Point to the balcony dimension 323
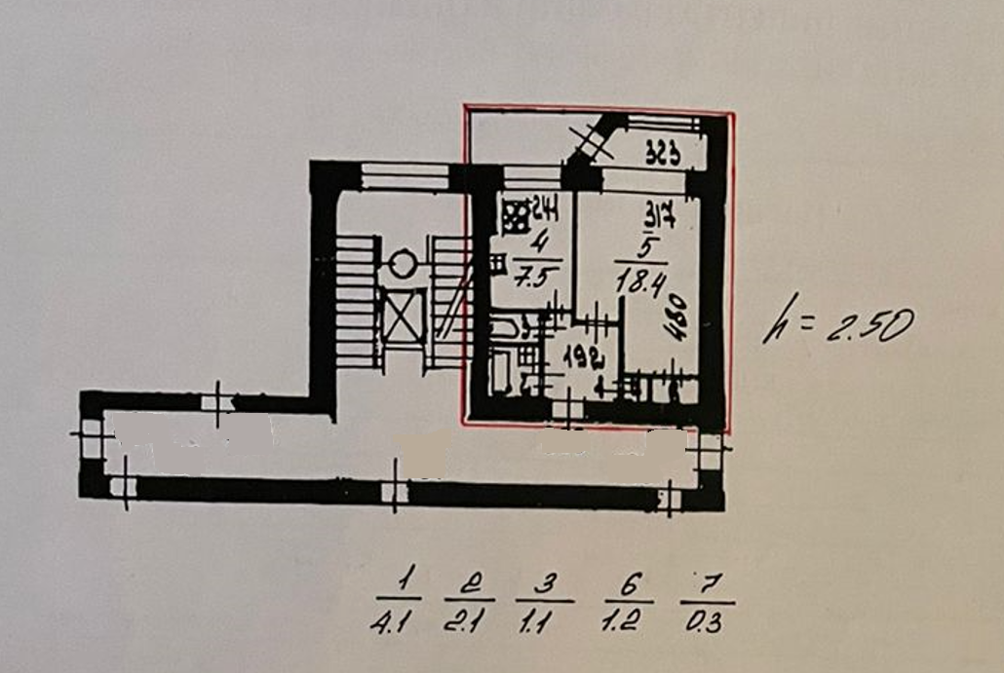click(662, 153)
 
